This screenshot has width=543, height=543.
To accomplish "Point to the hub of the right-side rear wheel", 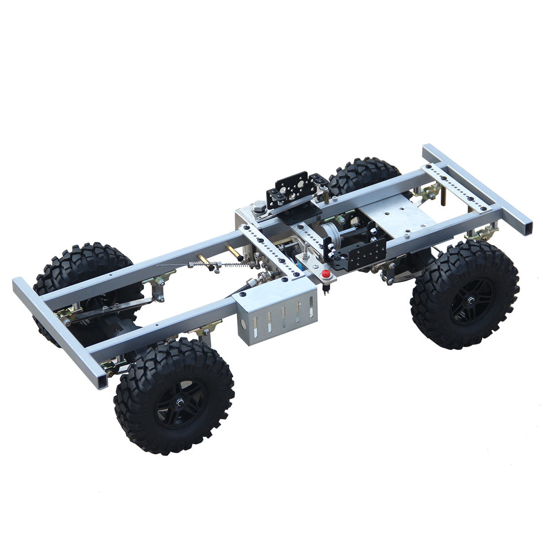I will tap(470, 301).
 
